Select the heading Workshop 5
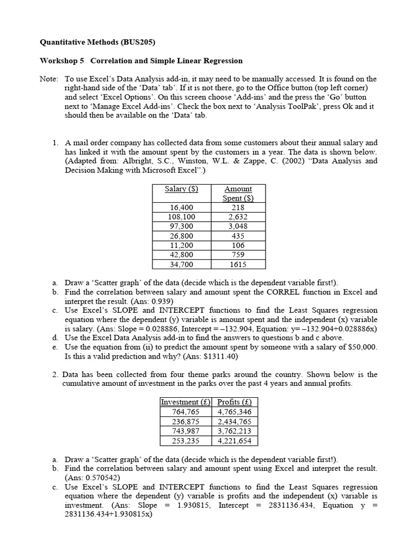(x=62, y=60)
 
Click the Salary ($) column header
(x=181, y=189)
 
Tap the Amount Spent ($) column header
(x=238, y=193)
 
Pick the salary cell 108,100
(x=181, y=217)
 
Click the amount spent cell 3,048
(x=238, y=226)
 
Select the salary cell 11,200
(x=181, y=245)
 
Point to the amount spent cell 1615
(x=238, y=264)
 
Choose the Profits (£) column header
(x=234, y=402)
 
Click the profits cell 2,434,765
(x=234, y=422)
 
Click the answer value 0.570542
(x=97, y=478)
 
